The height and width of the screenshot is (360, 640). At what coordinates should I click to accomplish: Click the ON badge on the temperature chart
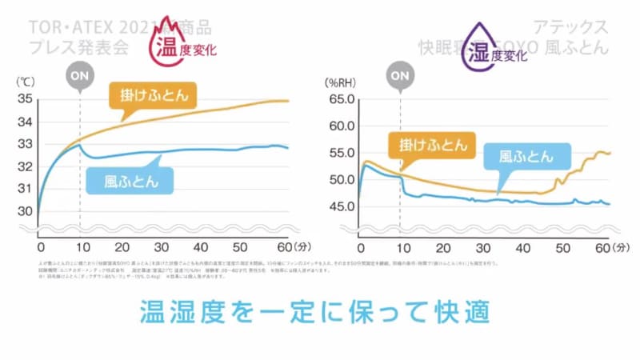tap(80, 77)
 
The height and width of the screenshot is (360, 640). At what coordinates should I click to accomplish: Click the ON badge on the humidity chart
tap(399, 77)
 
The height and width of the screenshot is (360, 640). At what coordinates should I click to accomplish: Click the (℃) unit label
tap(25, 81)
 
